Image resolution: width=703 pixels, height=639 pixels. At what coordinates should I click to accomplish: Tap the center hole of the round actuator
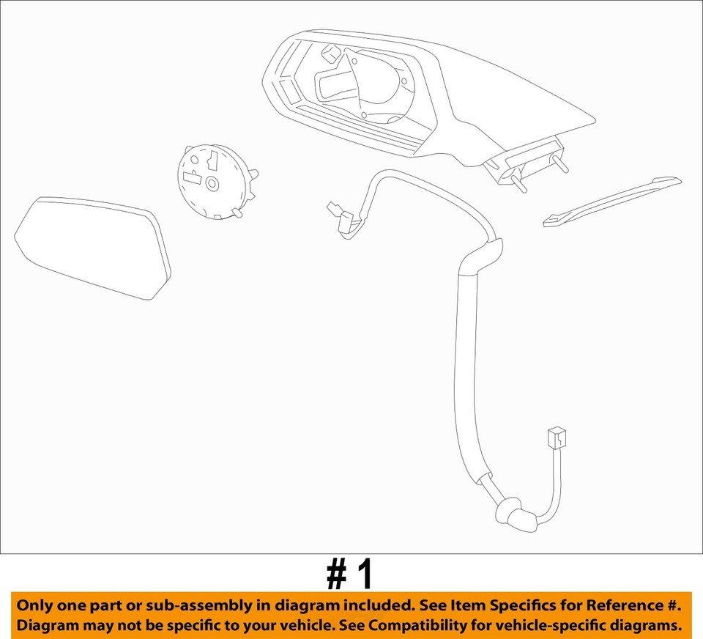click(x=212, y=183)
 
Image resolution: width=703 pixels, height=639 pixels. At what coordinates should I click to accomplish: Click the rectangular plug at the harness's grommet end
click(x=555, y=437)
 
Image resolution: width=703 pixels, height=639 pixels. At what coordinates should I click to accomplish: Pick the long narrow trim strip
click(x=612, y=200)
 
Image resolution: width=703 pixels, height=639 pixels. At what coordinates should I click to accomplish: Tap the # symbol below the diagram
click(x=337, y=575)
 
